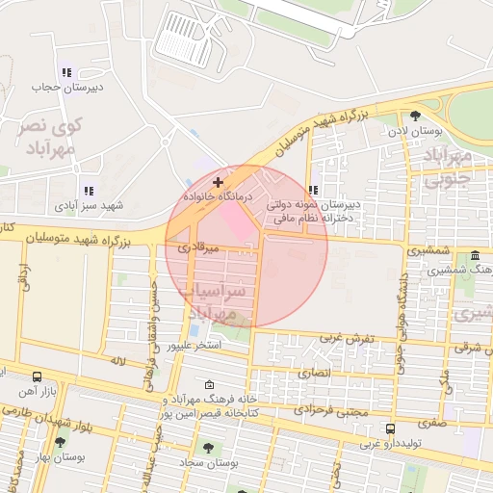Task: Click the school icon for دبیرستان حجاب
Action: coord(65,72)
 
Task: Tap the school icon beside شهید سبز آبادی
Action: coord(89,191)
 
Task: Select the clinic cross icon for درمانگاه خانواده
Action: coord(219,181)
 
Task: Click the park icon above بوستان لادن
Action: coord(415,115)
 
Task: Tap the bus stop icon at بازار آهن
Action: coord(37,377)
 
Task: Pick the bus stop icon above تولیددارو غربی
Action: coord(390,428)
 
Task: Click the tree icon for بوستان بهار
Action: coord(60,443)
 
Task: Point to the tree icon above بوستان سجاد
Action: coord(207,448)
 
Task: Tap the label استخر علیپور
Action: coord(195,344)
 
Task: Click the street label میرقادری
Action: coord(200,247)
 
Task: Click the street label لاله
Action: coord(119,360)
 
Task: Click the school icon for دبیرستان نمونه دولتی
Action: coord(313,190)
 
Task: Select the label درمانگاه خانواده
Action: coord(219,196)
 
